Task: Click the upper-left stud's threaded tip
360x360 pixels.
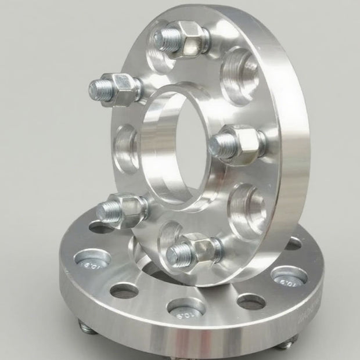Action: click(x=98, y=88)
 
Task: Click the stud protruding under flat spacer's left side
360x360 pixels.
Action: click(x=87, y=329)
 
